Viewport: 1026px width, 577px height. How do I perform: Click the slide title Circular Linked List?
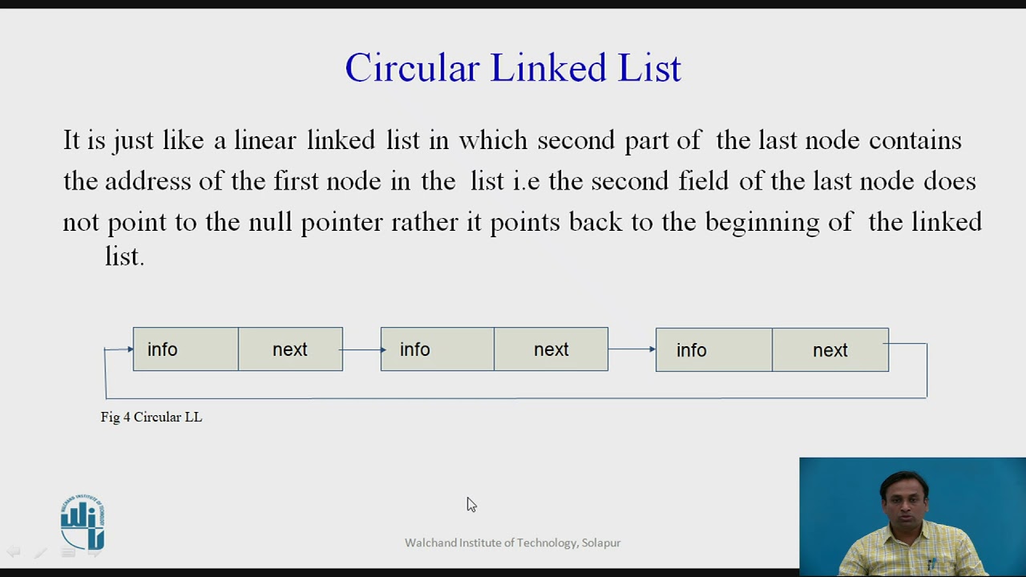click(x=513, y=68)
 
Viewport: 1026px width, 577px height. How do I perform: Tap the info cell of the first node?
click(x=185, y=349)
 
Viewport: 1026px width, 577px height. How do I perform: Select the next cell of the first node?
click(x=290, y=349)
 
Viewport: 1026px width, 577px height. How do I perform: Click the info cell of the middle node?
click(x=437, y=349)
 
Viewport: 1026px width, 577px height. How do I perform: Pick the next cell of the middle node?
click(x=551, y=349)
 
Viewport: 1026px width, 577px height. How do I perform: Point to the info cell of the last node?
click(x=713, y=350)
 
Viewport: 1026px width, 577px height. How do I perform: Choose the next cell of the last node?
click(x=830, y=350)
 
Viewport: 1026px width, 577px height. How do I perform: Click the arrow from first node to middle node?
click(x=362, y=349)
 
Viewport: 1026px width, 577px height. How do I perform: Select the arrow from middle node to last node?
click(x=632, y=349)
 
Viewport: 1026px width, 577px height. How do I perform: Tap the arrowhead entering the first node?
click(x=128, y=349)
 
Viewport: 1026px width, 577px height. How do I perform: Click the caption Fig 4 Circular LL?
click(x=151, y=417)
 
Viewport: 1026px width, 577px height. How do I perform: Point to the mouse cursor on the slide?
click(x=471, y=504)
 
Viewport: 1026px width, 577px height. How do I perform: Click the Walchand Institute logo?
click(x=83, y=523)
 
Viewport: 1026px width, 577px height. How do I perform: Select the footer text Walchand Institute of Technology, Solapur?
click(x=512, y=543)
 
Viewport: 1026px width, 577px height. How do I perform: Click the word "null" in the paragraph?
click(x=269, y=222)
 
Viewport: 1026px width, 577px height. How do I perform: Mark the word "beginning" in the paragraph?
click(x=761, y=222)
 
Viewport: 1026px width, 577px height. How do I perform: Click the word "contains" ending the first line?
click(x=915, y=141)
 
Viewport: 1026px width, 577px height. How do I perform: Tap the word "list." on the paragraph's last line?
click(x=124, y=256)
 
